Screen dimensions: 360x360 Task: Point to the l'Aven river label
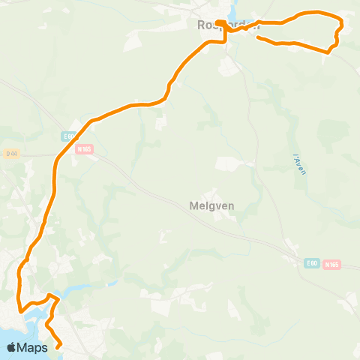300,161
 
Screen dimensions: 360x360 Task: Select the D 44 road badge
10,154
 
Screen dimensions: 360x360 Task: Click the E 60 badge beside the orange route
69,136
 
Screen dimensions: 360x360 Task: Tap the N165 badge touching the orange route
84,148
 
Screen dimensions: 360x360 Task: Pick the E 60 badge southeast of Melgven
312,263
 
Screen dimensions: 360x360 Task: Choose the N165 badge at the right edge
331,265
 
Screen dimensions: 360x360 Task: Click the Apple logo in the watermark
12,347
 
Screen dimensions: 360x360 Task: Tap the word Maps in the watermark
34,347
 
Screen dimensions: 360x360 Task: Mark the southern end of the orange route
59,347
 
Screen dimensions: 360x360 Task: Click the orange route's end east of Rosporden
257,37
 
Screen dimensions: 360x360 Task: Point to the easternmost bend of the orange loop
342,27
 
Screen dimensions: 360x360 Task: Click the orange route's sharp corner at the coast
20,310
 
